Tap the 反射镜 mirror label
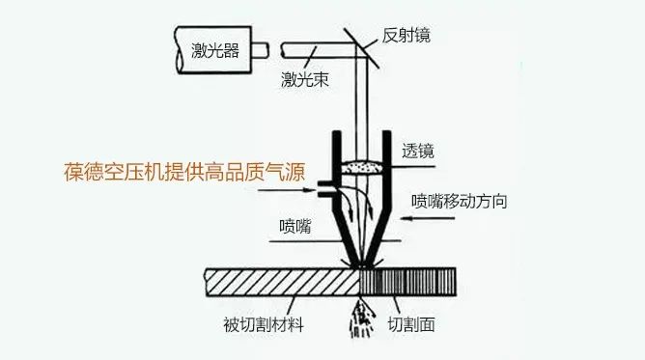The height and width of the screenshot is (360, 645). click(x=406, y=36)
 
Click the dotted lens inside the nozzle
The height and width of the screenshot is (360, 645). click(x=360, y=166)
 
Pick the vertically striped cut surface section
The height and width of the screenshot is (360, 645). click(x=409, y=281)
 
